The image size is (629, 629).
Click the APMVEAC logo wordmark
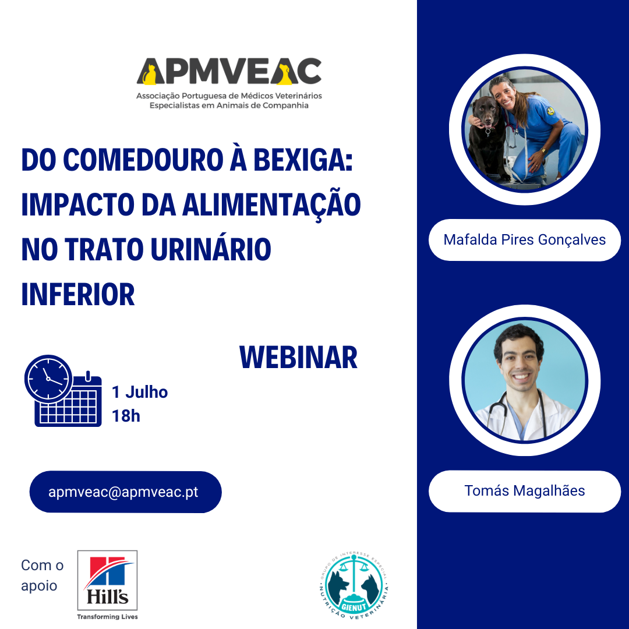pyautogui.click(x=229, y=72)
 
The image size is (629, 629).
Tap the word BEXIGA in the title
pyautogui.click(x=303, y=160)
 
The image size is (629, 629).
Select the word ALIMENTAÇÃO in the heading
pyautogui.click(x=271, y=204)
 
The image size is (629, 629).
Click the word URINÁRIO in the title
pyautogui.click(x=211, y=249)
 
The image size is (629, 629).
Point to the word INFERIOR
pyautogui.click(x=78, y=295)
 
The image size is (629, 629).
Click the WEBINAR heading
pyautogui.click(x=298, y=358)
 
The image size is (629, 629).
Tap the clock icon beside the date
pyautogui.click(x=48, y=379)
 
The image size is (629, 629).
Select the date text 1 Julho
pyautogui.click(x=140, y=392)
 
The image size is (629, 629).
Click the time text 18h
pyautogui.click(x=126, y=416)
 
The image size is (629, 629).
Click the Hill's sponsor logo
pyautogui.click(x=108, y=581)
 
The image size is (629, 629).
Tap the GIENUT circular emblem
pyautogui.click(x=354, y=585)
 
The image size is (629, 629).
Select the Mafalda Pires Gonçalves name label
pyautogui.click(x=524, y=240)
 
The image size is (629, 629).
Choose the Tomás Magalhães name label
pyautogui.click(x=524, y=491)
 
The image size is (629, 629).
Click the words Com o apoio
pyautogui.click(x=42, y=575)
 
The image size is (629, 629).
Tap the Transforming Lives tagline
pyautogui.click(x=108, y=617)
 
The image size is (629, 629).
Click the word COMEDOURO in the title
pyautogui.click(x=143, y=160)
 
